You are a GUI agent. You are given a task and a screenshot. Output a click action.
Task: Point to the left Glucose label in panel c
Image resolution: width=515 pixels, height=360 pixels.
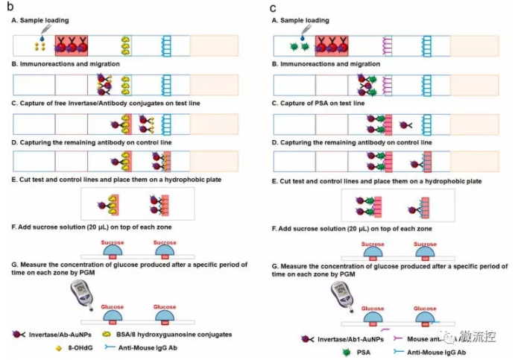373,308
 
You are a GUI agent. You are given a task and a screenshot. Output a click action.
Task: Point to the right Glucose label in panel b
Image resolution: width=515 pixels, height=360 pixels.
164,306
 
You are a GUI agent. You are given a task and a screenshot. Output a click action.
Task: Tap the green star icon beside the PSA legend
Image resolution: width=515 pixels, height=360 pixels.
346,352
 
